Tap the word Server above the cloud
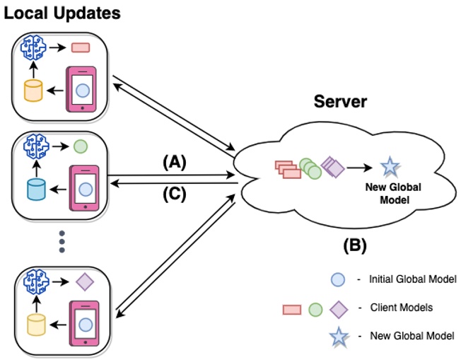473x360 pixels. click(x=341, y=102)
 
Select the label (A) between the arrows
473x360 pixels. click(x=174, y=162)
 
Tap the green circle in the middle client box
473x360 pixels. click(x=80, y=149)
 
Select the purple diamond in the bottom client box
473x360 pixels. click(x=84, y=282)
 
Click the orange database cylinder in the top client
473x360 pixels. click(x=33, y=91)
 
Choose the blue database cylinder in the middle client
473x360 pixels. click(x=35, y=190)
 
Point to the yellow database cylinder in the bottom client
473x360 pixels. click(x=34, y=324)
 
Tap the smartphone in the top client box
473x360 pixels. click(x=82, y=89)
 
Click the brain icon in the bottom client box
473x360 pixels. click(x=35, y=282)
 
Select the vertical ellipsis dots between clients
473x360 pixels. click(x=62, y=240)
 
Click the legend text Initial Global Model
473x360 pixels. click(x=413, y=280)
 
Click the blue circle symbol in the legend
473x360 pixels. click(x=337, y=280)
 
